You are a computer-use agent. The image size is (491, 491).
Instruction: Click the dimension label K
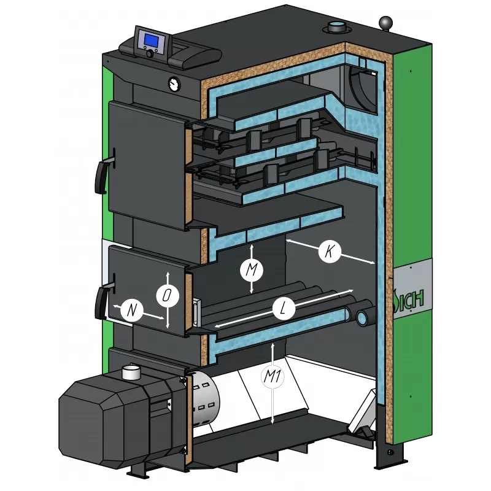(x=330, y=251)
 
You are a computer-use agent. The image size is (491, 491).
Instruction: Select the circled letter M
(x=252, y=269)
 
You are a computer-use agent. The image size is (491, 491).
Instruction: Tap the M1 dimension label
(x=273, y=376)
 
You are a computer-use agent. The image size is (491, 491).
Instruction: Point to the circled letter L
(x=284, y=309)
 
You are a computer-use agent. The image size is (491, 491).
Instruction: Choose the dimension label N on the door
(x=132, y=311)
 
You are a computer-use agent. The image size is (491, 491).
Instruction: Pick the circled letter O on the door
(x=168, y=295)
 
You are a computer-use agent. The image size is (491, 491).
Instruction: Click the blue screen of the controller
(x=151, y=40)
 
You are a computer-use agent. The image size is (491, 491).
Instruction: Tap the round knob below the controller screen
(x=150, y=53)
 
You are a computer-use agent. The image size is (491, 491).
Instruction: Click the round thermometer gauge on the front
(x=174, y=84)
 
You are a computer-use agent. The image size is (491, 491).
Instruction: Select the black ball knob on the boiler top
(x=385, y=23)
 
